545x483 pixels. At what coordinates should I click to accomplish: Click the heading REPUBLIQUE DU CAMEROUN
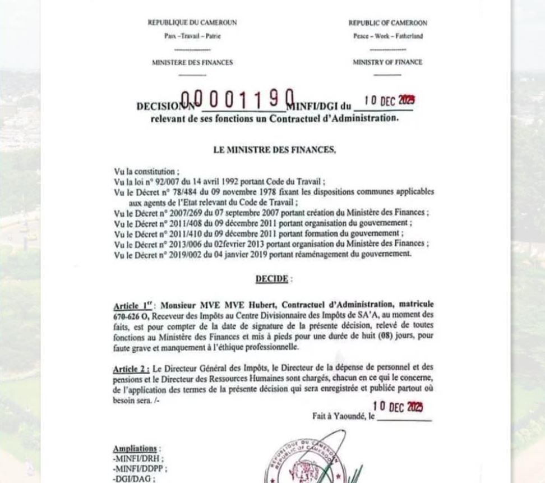pyautogui.click(x=192, y=23)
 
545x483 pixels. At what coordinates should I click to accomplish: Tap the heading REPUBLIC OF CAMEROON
pyautogui.click(x=387, y=23)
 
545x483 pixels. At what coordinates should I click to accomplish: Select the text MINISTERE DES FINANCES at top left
pyautogui.click(x=192, y=62)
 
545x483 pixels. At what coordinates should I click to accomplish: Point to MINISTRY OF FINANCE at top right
pyautogui.click(x=387, y=62)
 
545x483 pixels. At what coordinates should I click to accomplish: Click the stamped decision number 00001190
pyautogui.click(x=238, y=100)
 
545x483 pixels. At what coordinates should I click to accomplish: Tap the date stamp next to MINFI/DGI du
pyautogui.click(x=390, y=101)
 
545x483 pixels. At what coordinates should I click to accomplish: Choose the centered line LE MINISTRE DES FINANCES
pyautogui.click(x=274, y=150)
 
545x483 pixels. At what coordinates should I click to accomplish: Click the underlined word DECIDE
pyautogui.click(x=272, y=279)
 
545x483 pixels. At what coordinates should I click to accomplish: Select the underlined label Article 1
pyautogui.click(x=133, y=306)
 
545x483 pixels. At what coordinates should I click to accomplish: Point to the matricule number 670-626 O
pyautogui.click(x=132, y=316)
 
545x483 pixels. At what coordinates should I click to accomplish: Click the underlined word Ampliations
pyautogui.click(x=135, y=449)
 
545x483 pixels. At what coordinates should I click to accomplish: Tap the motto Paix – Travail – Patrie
pyautogui.click(x=192, y=36)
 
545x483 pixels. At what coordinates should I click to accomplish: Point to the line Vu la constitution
pyautogui.click(x=147, y=172)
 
